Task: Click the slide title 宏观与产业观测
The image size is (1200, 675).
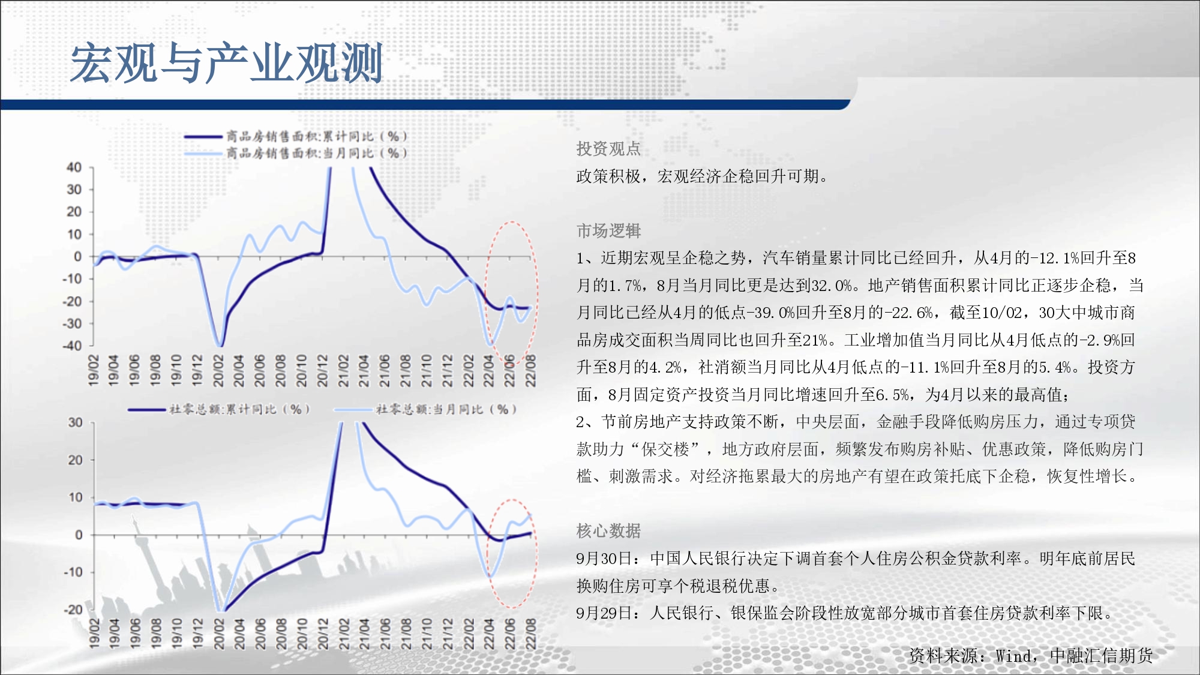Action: click(x=227, y=63)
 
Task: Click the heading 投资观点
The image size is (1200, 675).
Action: click(x=608, y=149)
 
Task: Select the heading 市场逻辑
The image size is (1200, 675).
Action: click(x=608, y=230)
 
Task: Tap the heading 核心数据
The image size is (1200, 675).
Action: click(x=608, y=530)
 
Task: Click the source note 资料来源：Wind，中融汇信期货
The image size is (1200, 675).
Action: click(x=1031, y=656)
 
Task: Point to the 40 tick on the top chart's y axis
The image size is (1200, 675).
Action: click(x=74, y=167)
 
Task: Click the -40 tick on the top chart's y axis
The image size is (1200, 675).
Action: click(x=71, y=346)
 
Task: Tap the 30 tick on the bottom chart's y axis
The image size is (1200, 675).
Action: click(x=75, y=422)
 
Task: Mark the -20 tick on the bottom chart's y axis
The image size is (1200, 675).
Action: click(x=73, y=610)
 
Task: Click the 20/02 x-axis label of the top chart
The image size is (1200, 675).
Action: click(x=218, y=370)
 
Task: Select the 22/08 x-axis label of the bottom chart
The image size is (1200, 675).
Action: click(x=530, y=634)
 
